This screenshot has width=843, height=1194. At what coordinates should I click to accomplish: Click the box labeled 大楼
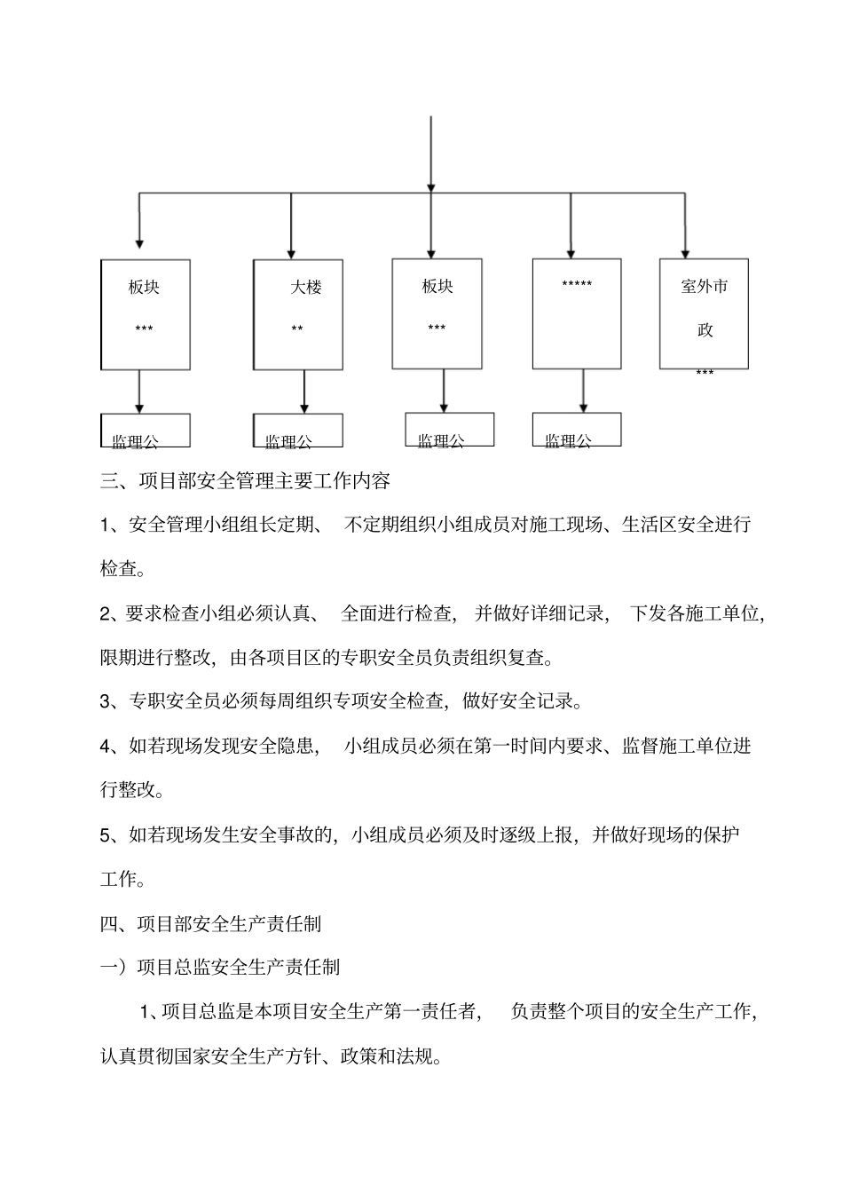click(x=298, y=314)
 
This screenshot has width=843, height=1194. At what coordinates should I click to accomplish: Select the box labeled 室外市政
click(x=704, y=313)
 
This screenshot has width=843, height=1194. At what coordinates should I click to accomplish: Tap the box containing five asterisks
click(x=577, y=313)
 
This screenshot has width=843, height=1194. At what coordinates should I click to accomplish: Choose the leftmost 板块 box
click(x=146, y=314)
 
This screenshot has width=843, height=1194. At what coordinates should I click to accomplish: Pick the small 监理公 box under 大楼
click(x=298, y=430)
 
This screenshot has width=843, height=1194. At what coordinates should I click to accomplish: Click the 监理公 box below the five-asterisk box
click(x=577, y=430)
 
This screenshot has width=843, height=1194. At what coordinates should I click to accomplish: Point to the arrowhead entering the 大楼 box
click(x=291, y=253)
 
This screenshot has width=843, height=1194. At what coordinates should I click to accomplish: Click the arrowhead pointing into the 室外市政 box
click(x=685, y=252)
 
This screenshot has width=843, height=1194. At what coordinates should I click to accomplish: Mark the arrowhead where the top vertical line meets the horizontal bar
click(x=431, y=186)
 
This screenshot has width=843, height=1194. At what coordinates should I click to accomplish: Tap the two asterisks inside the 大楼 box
click(x=297, y=329)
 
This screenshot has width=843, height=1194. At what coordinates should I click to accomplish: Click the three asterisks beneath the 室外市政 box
click(x=705, y=374)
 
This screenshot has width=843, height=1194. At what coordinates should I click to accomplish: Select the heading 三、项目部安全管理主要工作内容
click(x=245, y=481)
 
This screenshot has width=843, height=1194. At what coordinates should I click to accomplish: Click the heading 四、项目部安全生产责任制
click(x=211, y=923)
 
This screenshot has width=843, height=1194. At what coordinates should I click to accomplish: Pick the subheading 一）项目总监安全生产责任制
click(x=220, y=967)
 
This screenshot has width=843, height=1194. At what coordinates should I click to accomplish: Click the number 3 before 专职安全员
click(x=105, y=702)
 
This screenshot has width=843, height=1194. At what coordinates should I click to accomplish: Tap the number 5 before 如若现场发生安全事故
click(x=105, y=835)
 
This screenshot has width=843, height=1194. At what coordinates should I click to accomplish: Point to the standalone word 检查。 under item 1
click(x=122, y=568)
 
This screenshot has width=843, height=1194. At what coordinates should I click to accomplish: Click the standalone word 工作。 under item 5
click(x=122, y=879)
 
